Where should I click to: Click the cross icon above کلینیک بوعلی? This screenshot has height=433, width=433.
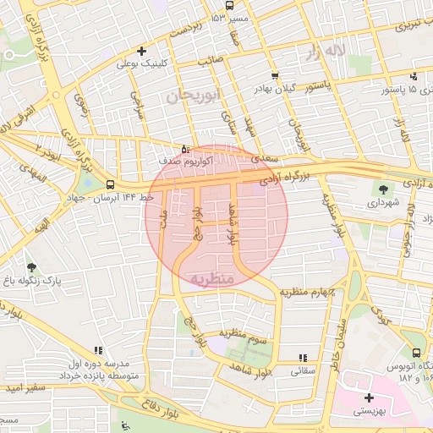142,50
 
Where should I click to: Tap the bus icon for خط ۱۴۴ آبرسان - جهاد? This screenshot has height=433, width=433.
111,184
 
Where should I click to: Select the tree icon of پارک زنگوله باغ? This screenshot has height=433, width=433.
31,267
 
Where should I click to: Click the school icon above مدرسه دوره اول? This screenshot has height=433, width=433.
99,350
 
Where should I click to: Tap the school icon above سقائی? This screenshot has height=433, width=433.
302,358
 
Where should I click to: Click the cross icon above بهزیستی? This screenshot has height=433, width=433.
368,397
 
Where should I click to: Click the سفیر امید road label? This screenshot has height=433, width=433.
22,388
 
